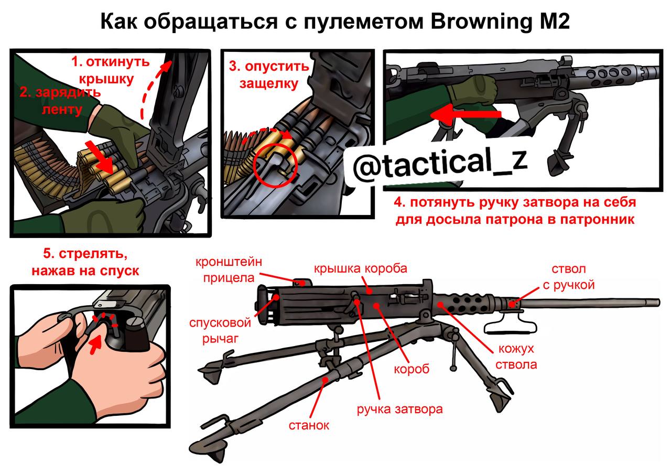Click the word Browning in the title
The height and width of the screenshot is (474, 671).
(482, 22)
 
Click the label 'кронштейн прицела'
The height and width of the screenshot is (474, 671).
(229, 270)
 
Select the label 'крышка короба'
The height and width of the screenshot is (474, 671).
(361, 268)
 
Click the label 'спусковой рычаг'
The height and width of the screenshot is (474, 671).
(220, 331)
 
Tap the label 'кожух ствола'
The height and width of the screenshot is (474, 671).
(516, 357)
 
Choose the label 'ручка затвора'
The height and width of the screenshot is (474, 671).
(399, 410)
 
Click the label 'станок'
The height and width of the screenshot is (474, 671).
(309, 425)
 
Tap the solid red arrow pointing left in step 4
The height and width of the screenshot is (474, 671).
(466, 115)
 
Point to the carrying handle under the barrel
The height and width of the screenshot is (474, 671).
(510, 327)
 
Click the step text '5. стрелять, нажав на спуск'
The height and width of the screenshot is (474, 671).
(85, 262)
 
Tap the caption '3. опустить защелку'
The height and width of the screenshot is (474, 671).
(269, 75)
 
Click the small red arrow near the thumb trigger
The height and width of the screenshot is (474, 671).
(95, 346)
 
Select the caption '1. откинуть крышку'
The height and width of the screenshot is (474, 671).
(110, 70)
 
